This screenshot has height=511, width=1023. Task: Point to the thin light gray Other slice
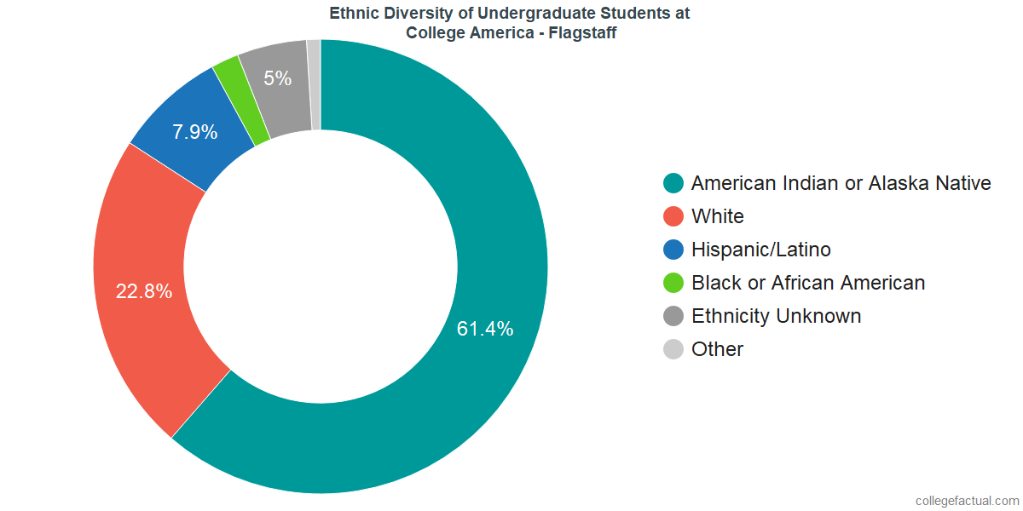pyautogui.click(x=315, y=85)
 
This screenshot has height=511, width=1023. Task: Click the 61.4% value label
pyautogui.click(x=485, y=329)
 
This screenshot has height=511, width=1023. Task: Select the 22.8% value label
pyautogui.click(x=144, y=291)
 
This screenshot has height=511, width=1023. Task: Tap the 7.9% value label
pyautogui.click(x=194, y=132)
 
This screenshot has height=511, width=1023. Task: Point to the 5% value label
pyautogui.click(x=278, y=78)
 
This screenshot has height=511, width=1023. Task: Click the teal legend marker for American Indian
pyautogui.click(x=673, y=183)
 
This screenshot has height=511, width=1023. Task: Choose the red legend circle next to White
pyautogui.click(x=673, y=216)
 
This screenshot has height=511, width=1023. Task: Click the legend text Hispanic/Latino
pyautogui.click(x=760, y=250)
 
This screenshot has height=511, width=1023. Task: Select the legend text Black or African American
pyautogui.click(x=807, y=283)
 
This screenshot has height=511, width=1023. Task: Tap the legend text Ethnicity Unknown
pyautogui.click(x=776, y=316)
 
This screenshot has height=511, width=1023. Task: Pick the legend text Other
pyautogui.click(x=717, y=349)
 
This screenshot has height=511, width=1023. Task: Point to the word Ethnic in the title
pyautogui.click(x=352, y=14)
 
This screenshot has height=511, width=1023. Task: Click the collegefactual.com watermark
pyautogui.click(x=967, y=501)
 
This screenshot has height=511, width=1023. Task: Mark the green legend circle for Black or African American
pyautogui.click(x=673, y=283)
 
